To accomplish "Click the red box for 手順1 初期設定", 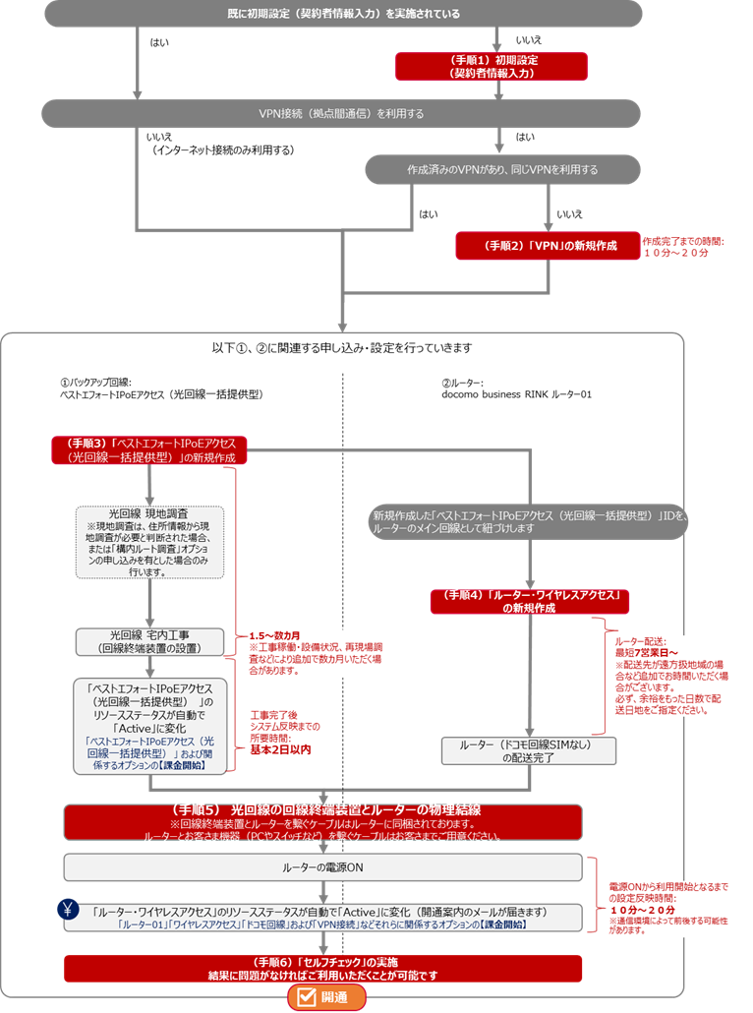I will (492, 66).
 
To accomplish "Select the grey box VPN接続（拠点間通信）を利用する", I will (341, 114).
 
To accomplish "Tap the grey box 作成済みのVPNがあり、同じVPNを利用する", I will (502, 169).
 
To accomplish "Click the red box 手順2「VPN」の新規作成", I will (546, 246).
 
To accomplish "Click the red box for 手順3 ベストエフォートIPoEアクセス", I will (150, 449).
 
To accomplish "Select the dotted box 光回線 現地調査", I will (149, 542).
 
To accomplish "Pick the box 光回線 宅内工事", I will (149, 641).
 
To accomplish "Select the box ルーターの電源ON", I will (323, 866).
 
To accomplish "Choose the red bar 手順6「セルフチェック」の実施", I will (323, 968).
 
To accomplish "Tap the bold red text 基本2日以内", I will (281, 748).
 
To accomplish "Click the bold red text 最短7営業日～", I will (647, 651).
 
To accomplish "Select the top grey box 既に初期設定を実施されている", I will (341, 14).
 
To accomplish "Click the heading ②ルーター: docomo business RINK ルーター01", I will (518, 388).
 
